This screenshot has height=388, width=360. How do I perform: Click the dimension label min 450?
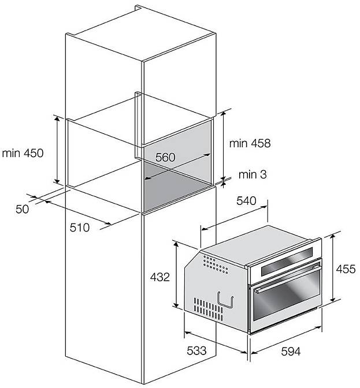[x=23, y=153]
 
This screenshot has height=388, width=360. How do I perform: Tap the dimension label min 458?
[x=250, y=143]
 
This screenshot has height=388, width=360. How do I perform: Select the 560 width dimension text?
[x=165, y=157]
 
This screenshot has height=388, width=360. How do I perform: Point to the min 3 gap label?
[x=253, y=174]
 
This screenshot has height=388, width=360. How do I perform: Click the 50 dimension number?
[x=23, y=209]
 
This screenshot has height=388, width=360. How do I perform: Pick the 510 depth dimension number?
[x=80, y=227]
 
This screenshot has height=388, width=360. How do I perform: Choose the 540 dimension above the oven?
[x=246, y=201]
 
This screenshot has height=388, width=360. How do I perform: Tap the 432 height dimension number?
[x=160, y=277]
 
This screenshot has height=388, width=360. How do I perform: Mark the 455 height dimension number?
[x=346, y=269]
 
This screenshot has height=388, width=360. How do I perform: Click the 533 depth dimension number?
[x=196, y=350]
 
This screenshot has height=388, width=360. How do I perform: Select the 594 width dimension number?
[x=291, y=351]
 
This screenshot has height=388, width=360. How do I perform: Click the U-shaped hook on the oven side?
[x=225, y=300]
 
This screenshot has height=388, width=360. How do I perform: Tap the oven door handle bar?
[x=287, y=278]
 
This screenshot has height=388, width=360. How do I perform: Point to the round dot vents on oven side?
[x=216, y=264]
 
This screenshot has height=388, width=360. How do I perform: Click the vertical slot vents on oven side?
[x=208, y=309]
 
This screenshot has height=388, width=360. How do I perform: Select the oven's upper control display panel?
[x=287, y=261]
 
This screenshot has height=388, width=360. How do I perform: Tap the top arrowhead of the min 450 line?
[x=57, y=118]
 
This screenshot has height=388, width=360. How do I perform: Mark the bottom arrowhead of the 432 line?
[x=176, y=305]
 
